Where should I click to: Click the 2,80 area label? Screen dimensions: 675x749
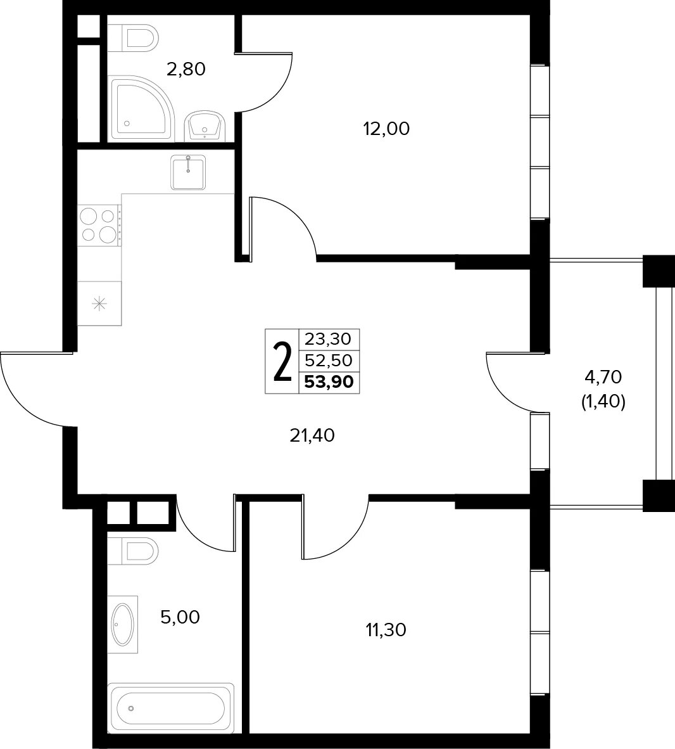(186, 70)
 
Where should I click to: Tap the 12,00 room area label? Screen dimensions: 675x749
(387, 129)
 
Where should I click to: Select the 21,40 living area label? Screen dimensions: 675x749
(312, 435)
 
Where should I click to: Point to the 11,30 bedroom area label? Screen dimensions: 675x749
(386, 631)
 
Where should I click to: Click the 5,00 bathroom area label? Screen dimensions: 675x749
(180, 618)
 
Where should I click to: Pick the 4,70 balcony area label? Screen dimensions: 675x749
(603, 378)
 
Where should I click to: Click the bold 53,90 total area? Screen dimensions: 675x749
(329, 382)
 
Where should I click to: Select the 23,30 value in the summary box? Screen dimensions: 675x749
(328, 339)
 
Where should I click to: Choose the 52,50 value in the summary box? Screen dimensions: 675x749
(329, 360)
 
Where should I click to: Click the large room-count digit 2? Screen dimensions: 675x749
(282, 362)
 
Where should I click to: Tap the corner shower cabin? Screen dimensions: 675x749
(141, 109)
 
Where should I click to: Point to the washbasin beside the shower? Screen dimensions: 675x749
(205, 125)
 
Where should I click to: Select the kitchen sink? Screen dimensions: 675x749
(188, 172)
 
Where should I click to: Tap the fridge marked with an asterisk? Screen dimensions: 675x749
(99, 304)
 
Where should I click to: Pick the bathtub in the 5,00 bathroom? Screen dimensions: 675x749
(170, 709)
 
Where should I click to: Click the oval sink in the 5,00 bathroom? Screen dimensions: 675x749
(123, 624)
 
